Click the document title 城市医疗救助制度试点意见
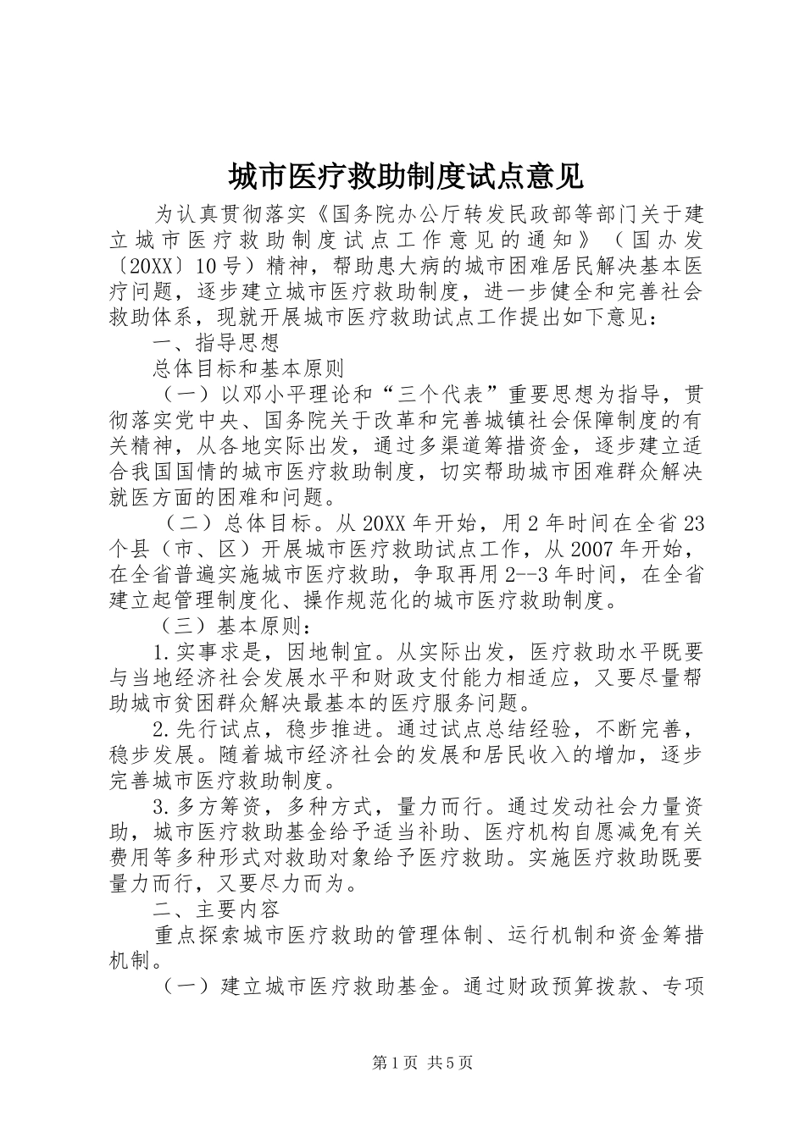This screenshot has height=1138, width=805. click(x=405, y=176)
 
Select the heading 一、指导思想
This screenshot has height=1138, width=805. click(x=217, y=343)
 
